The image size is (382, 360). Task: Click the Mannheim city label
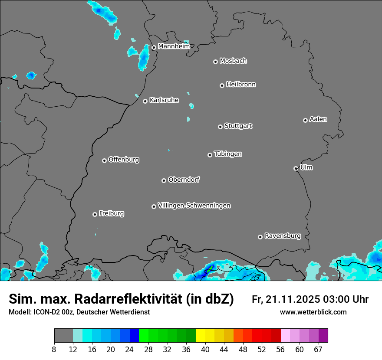tap(174, 46)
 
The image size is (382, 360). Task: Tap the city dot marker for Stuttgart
tap(221, 127)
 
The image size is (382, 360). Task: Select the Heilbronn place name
tap(241, 85)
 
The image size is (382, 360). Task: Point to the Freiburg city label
tap(111, 213)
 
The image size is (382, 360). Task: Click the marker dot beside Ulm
tap(296, 168)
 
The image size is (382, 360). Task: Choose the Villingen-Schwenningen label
tap(194, 206)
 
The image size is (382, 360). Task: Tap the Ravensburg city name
tap(283, 236)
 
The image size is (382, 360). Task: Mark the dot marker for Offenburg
tap(104, 160)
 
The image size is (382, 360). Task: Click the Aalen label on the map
tap(318, 119)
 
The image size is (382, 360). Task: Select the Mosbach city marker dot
tap(215, 62)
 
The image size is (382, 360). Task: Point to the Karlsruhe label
tap(164, 100)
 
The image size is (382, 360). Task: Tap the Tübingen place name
tap(228, 154)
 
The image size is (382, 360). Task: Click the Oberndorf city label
tap(184, 180)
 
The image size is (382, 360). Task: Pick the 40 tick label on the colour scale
tap(205, 349)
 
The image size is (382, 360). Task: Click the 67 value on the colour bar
tap(318, 349)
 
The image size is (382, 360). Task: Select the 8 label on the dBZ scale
tap(54, 349)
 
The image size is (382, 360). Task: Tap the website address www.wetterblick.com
tap(313, 312)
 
